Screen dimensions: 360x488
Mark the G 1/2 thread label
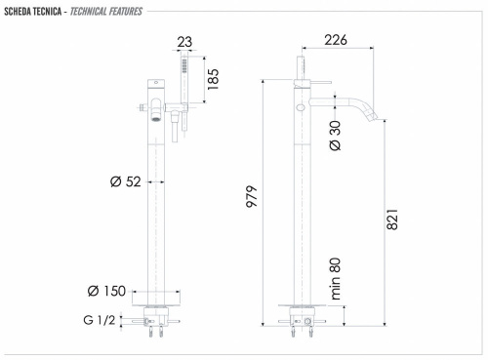tap(101, 318)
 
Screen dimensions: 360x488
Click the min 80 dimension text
tap(336, 279)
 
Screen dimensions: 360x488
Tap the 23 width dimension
tap(183, 41)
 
